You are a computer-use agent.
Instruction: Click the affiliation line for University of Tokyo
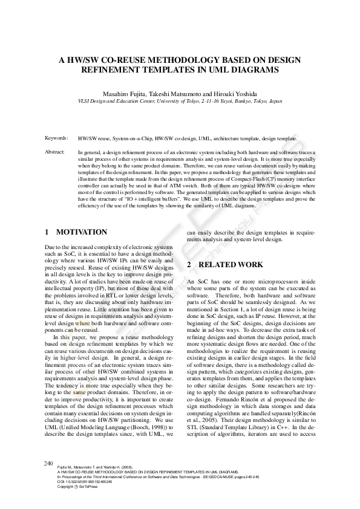180,102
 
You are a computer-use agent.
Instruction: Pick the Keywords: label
56,138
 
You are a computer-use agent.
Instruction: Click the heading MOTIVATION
82,232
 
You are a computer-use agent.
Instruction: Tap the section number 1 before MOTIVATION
47,232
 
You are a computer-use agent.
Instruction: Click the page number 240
49,462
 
